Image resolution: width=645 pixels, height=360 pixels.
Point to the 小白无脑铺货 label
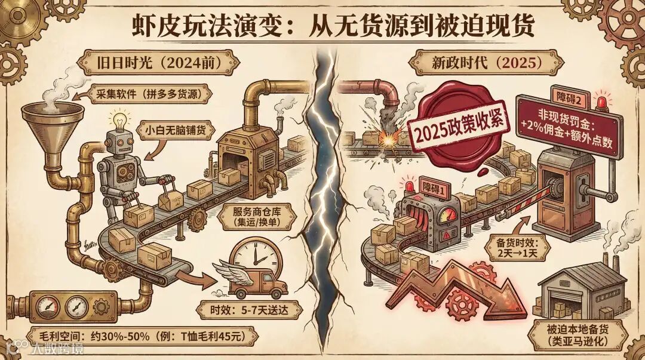coord(176,130)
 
